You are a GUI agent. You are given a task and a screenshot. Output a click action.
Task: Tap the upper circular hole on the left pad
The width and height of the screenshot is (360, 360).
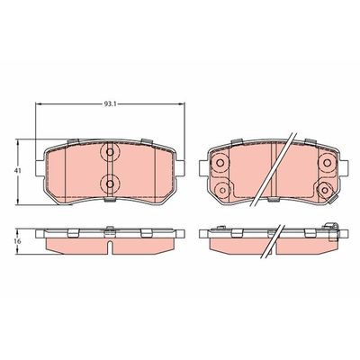coord(109,152)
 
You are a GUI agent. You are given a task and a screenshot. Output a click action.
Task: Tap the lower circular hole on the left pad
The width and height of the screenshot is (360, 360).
coord(109,184)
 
